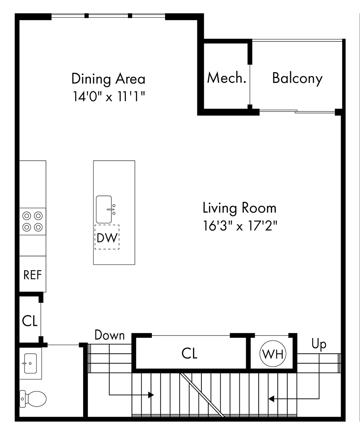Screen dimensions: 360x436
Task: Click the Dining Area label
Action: coord(109,79)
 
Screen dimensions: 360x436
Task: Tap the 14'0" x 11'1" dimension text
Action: coord(109,96)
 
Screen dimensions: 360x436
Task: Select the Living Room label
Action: coord(240,208)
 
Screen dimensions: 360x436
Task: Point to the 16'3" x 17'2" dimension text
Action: coord(240,226)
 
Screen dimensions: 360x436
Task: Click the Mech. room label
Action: coord(227,78)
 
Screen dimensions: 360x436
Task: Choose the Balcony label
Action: coord(297,78)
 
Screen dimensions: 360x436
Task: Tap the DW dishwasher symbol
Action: coord(107,237)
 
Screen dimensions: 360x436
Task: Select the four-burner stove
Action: coord(33,221)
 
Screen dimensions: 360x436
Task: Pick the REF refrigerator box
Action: coord(33,274)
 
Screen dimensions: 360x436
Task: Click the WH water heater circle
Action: coord(273,354)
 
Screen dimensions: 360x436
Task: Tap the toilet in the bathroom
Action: coord(33,399)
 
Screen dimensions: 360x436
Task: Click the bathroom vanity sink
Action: coord(30,363)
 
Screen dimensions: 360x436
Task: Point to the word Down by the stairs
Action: coord(109,335)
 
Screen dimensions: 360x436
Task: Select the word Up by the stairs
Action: coord(319,344)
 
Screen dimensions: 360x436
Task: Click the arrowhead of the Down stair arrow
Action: coord(151,395)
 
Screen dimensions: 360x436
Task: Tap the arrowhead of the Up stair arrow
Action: coord(271,399)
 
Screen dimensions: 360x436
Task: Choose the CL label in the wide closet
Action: coord(189,354)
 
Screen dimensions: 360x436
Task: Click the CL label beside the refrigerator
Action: coord(30,321)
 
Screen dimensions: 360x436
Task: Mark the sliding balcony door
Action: coord(297,112)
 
